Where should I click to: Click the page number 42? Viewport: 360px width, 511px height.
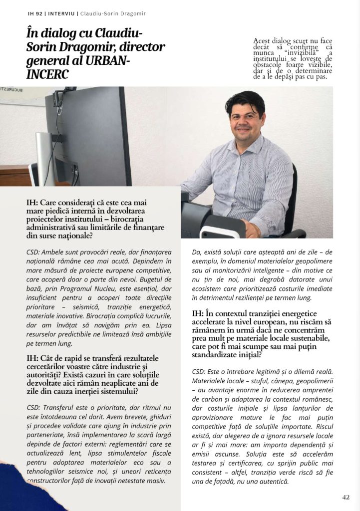(346, 497)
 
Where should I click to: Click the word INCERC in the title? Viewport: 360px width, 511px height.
(48, 74)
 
